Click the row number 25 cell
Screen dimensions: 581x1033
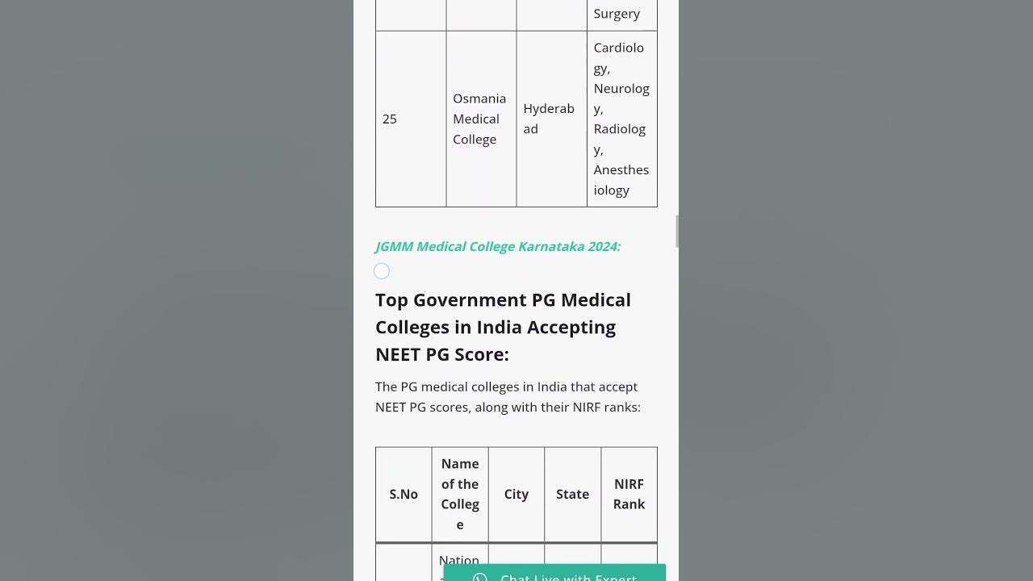390,119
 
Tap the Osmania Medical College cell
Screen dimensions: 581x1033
479,119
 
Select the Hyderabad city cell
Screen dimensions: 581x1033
549,119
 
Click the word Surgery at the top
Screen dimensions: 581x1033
617,14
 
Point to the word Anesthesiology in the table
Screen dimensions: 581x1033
621,180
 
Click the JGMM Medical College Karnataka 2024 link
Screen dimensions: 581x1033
498,246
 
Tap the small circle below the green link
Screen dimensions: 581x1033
382,271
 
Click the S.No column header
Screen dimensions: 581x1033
404,494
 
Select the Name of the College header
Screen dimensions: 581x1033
460,494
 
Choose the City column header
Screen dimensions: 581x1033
516,494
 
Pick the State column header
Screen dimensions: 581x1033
572,494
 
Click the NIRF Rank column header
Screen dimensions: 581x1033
629,494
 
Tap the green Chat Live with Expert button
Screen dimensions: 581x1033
554,575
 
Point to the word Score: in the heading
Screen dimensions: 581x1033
481,354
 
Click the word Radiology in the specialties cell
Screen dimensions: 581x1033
620,139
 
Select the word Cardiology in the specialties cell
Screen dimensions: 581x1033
618,57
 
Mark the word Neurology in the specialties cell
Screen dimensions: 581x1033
621,98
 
